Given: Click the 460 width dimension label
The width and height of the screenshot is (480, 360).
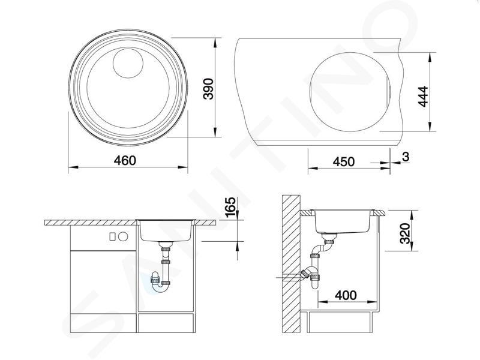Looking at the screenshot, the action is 125,161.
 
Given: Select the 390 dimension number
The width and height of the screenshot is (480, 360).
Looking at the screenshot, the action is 209,89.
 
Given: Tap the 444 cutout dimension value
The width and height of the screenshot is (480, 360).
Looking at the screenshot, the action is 424,97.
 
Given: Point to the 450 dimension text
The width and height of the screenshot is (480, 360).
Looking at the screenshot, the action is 343,161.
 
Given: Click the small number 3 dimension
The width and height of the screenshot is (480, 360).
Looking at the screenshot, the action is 406,157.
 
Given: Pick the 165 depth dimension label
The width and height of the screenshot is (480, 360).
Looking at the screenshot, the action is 231,207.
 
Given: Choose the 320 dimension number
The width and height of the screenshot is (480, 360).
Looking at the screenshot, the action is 405,233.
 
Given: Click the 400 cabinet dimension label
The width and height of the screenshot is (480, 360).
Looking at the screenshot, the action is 346,295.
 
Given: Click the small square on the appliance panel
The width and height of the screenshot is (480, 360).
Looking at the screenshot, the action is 112,236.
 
